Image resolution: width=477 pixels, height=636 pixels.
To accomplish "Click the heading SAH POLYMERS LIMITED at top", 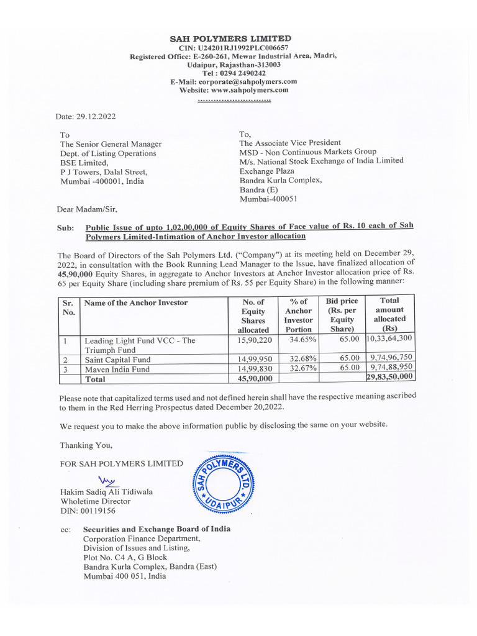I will (230, 39).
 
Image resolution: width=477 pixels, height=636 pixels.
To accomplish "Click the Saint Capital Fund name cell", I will (117, 359).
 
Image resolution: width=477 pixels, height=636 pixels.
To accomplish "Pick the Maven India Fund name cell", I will (116, 368).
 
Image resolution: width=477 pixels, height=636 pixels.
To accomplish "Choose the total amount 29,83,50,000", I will (389, 378).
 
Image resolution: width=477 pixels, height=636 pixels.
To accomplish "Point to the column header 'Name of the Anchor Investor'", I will (135, 302).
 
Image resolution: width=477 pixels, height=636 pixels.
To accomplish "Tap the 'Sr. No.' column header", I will (69, 307).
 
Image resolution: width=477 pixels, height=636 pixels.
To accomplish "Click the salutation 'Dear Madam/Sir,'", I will (88, 208).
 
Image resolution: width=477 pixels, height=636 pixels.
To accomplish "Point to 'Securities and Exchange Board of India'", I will (157, 529).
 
